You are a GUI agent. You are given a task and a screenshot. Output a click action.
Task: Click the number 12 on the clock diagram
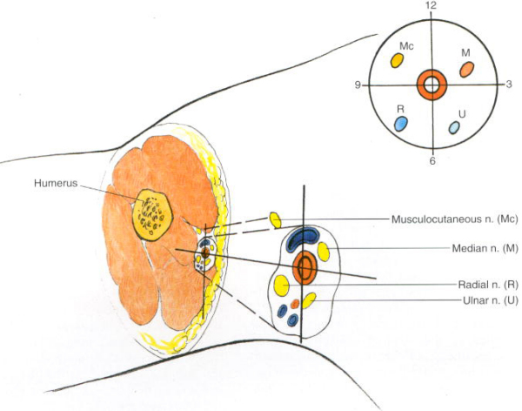pyautogui.click(x=431, y=6)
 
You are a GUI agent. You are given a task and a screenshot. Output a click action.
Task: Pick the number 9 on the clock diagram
pyautogui.click(x=357, y=84)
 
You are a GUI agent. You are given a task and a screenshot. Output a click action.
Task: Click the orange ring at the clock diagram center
pyautogui.click(x=432, y=84)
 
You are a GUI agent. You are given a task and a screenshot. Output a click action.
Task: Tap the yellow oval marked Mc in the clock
pyautogui.click(x=397, y=60)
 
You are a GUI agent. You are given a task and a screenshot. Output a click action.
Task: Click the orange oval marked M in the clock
pyautogui.click(x=466, y=67)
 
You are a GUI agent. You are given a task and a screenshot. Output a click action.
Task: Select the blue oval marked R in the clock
pyautogui.click(x=401, y=123)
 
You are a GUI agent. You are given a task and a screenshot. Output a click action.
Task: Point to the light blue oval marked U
pyautogui.click(x=454, y=127)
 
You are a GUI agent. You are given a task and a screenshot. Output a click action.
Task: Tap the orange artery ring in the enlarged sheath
pyautogui.click(x=305, y=268)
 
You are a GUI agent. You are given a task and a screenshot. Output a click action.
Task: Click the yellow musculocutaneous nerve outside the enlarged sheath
pyautogui.click(x=275, y=219)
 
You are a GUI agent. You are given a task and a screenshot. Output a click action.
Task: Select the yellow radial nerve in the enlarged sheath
pyautogui.click(x=282, y=284)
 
